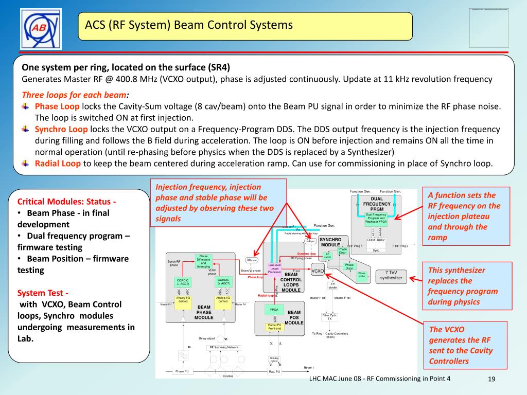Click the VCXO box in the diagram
click(318, 271)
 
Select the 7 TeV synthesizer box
click(391, 275)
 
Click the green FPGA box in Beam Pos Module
click(274, 310)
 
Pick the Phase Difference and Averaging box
click(203, 261)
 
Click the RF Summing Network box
click(223, 348)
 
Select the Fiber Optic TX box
click(329, 317)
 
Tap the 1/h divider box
click(332, 285)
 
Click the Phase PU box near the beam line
click(182, 371)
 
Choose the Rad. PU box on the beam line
click(274, 371)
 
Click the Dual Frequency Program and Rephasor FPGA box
click(376, 218)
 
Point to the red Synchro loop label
click(306, 254)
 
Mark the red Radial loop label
click(266, 296)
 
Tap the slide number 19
click(491, 379)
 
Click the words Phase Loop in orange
click(57, 106)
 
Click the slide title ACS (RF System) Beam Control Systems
click(189, 25)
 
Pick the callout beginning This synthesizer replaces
click(464, 286)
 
